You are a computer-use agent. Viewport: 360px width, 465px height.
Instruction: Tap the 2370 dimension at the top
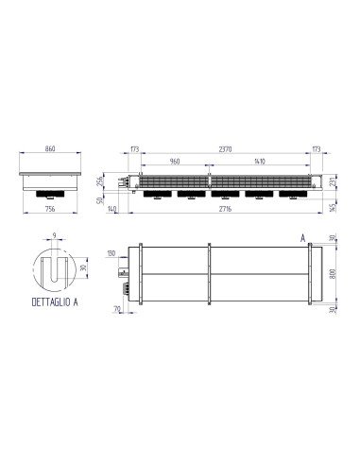pyautogui.click(x=223, y=149)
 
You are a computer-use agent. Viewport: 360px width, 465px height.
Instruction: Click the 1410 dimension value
pyautogui.click(x=257, y=162)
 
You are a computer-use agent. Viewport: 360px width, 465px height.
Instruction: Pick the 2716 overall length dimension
pyautogui.click(x=223, y=209)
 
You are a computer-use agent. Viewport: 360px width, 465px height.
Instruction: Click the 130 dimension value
pyautogui.click(x=111, y=254)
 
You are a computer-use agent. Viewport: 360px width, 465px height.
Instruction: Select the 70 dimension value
pyautogui.click(x=116, y=309)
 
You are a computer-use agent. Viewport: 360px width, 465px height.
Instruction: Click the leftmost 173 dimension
pyautogui.click(x=135, y=149)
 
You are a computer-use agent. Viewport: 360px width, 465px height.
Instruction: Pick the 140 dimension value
pyautogui.click(x=112, y=209)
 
